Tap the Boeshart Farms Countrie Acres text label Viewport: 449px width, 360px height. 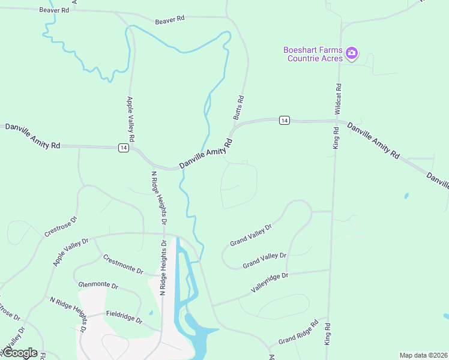click(313, 54)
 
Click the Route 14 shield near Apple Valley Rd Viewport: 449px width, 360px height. click(123, 148)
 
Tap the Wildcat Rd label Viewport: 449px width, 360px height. click(338, 99)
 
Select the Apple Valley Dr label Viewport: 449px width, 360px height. click(71, 252)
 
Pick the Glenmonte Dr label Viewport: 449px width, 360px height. click(99, 286)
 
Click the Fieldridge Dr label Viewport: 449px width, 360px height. click(124, 317)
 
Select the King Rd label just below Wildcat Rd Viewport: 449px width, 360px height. click(336, 138)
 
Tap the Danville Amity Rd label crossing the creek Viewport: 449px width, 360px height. click(206, 155)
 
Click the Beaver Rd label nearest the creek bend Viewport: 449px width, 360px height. click(169, 20)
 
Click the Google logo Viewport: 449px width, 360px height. click(19, 353)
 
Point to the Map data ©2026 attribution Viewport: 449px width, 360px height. click(423, 355)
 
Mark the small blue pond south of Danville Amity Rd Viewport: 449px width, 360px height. click(406, 196)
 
